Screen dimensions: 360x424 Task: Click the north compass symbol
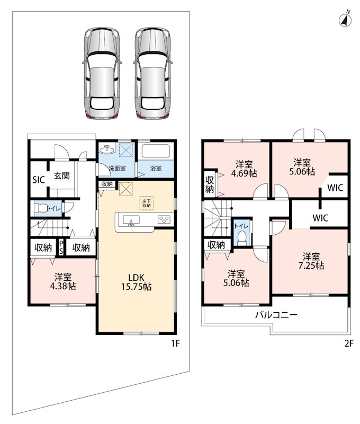tap(345, 19)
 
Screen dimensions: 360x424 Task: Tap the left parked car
tap(102, 73)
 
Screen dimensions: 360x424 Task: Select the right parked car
tap(153, 73)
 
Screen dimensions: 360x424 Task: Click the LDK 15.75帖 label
tap(137, 282)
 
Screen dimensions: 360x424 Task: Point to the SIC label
tap(38, 180)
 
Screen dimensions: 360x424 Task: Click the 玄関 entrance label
tap(61, 175)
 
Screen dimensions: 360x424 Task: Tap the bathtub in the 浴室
tap(156, 151)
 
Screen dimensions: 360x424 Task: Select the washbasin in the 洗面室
tap(107, 149)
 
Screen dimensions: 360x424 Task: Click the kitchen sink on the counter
tap(131, 220)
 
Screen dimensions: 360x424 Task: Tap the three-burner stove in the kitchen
tap(164, 219)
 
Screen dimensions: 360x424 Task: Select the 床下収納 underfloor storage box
tap(147, 203)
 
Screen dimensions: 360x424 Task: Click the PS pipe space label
tap(61, 247)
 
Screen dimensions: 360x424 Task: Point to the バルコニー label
tap(276, 315)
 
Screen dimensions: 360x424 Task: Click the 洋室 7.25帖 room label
tap(311, 261)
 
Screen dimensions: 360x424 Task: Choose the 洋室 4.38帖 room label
tap(63, 281)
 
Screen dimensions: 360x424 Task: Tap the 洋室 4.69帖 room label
tap(244, 169)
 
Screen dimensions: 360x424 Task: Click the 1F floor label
tap(175, 343)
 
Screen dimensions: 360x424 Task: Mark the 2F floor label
tap(348, 343)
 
